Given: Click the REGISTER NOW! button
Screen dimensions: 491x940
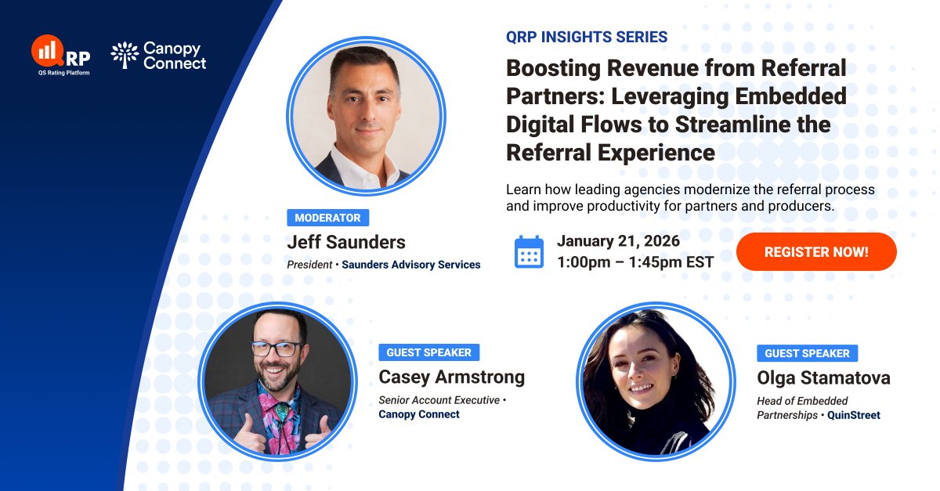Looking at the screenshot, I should pyautogui.click(x=816, y=252).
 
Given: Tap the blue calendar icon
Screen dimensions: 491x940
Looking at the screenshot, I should pyautogui.click(x=529, y=252).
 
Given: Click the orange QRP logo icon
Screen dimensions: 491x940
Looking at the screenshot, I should pyautogui.click(x=47, y=51).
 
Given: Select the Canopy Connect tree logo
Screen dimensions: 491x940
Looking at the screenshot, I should pyautogui.click(x=125, y=55).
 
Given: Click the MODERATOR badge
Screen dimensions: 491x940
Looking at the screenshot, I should pyautogui.click(x=327, y=218).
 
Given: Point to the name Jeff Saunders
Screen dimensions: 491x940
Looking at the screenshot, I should pyautogui.click(x=346, y=242).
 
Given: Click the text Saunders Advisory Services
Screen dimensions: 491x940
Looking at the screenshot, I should pyautogui.click(x=410, y=265).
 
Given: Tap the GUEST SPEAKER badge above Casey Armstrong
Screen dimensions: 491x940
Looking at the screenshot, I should pyautogui.click(x=428, y=352).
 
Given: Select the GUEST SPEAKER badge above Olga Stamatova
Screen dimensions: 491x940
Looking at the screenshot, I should pyautogui.click(x=807, y=353).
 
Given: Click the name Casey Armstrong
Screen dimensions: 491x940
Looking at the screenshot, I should pyautogui.click(x=451, y=377).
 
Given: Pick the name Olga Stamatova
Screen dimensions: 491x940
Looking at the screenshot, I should pyautogui.click(x=823, y=378).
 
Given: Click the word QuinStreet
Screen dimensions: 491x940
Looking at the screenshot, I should pyautogui.click(x=854, y=415).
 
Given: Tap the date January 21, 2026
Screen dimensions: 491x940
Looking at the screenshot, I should pyautogui.click(x=618, y=240).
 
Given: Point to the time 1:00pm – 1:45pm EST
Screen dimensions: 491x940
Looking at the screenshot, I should pyautogui.click(x=635, y=262).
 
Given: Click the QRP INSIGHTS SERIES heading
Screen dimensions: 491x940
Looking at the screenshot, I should pyautogui.click(x=587, y=37).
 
